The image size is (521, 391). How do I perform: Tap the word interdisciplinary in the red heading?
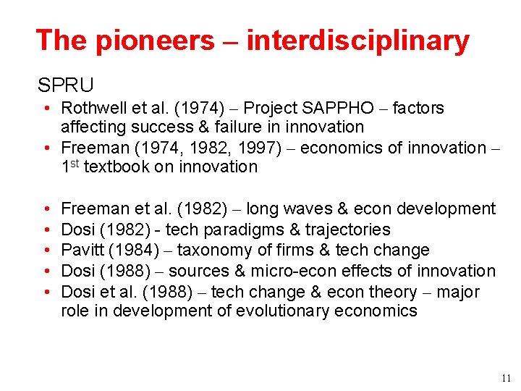pyautogui.click(x=357, y=41)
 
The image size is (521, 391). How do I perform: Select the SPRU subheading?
pyautogui.click(x=66, y=85)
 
